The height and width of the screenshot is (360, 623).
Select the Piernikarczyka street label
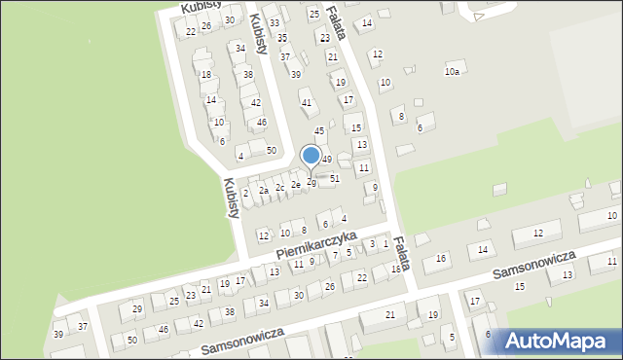[x=316, y=245]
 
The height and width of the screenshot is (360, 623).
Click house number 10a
[x=452, y=71]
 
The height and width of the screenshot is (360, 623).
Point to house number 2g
[x=311, y=182]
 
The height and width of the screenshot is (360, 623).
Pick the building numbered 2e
[x=296, y=184]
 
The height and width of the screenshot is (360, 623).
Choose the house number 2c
[x=279, y=187]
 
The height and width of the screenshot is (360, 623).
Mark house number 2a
[x=263, y=191]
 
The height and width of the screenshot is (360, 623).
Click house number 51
[x=335, y=178]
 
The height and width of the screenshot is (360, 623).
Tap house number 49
[x=327, y=159]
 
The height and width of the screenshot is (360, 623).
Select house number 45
[x=318, y=130]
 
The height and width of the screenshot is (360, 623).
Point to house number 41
[x=306, y=102]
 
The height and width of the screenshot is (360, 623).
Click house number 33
[x=275, y=22]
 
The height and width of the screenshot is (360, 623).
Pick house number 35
[x=282, y=37]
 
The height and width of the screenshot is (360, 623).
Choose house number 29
[x=137, y=308]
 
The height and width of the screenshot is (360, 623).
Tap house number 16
[x=441, y=258]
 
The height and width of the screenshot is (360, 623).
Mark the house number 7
[x=335, y=255]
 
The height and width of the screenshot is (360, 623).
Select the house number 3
[x=372, y=244]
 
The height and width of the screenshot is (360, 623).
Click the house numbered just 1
[x=385, y=243]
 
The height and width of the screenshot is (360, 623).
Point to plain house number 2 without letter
[x=245, y=194]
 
